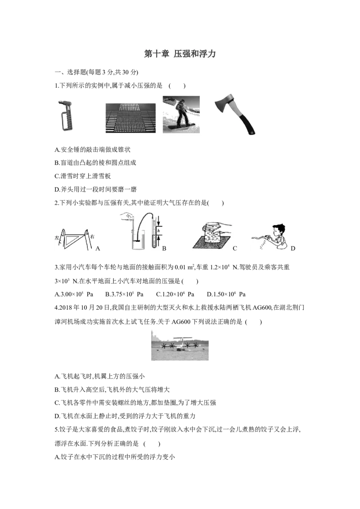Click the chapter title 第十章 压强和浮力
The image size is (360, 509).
tap(180, 54)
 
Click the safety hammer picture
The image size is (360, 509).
tap(65, 115)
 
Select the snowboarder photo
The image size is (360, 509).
tap(181, 114)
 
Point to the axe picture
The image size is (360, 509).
tap(235, 114)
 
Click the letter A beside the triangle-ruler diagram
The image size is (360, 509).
tap(98, 249)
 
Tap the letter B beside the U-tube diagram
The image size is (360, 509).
tap(164, 248)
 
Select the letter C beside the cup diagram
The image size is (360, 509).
tap(235, 248)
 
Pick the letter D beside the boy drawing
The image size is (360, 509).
tap(293, 248)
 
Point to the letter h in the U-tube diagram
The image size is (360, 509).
tap(158, 231)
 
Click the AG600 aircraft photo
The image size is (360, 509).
tap(180, 345)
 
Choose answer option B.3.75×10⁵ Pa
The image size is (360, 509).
tap(124, 294)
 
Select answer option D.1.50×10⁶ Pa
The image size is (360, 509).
tap(226, 294)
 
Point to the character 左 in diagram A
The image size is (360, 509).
tap(57, 237)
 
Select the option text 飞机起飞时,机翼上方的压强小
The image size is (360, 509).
tap(103, 376)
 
